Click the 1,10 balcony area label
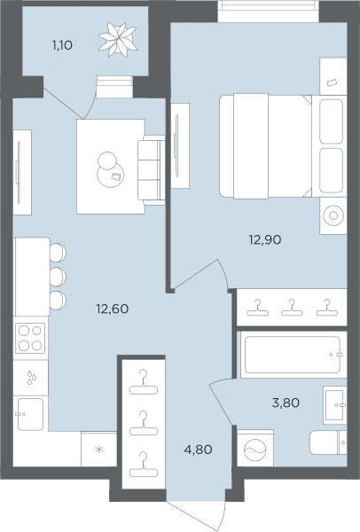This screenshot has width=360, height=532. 62,45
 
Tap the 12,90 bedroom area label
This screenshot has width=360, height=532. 265,240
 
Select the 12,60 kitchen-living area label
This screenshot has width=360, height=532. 113,309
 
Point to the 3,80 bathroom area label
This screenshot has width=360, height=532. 286,403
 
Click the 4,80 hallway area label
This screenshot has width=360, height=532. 198,450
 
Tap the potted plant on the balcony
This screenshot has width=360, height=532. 118,39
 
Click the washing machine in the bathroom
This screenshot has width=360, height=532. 255,449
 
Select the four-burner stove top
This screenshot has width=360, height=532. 30,339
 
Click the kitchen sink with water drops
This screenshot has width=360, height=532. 30,378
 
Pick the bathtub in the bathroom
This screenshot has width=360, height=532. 292,355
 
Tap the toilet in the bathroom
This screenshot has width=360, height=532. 328,442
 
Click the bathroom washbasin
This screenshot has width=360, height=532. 335,405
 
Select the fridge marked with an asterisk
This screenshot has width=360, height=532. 98,450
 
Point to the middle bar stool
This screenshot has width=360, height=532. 58,277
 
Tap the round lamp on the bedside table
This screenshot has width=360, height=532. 333,215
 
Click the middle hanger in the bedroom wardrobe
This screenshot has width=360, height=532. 292,308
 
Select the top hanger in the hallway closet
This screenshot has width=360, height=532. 144,382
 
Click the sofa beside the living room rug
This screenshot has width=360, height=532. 152,170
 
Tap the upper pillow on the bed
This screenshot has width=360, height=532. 331,121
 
